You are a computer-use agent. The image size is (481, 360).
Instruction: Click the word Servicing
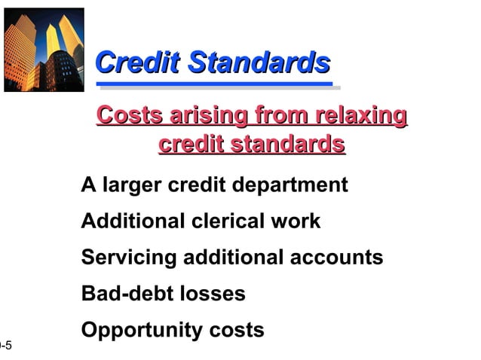(128, 258)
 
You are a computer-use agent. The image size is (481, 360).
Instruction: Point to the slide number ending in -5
(6, 346)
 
